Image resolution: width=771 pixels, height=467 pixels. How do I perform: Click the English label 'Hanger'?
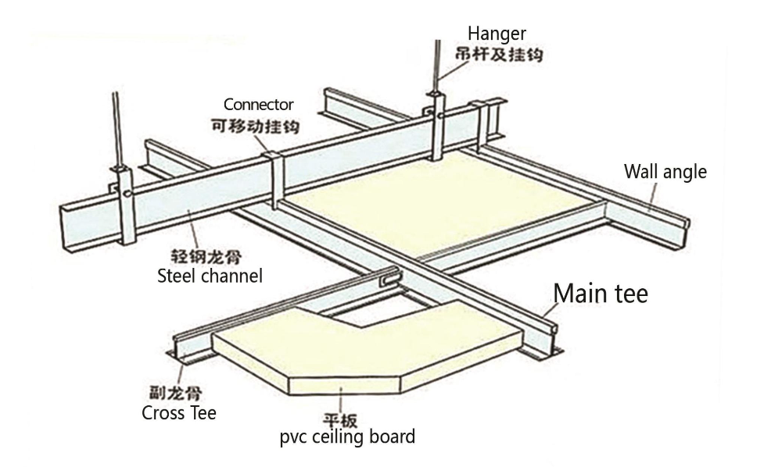pyautogui.click(x=497, y=34)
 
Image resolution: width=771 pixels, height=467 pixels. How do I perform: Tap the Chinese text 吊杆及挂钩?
pyautogui.click(x=498, y=54)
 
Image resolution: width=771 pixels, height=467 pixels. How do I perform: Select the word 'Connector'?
pyautogui.click(x=258, y=104)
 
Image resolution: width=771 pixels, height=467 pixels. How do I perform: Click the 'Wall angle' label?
pyautogui.click(x=665, y=172)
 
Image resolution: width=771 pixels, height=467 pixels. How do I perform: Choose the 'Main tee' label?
pyautogui.click(x=601, y=294)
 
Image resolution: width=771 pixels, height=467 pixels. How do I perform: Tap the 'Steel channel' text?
pyautogui.click(x=210, y=275)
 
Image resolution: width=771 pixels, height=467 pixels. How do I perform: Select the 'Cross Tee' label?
pyautogui.click(x=179, y=412)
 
